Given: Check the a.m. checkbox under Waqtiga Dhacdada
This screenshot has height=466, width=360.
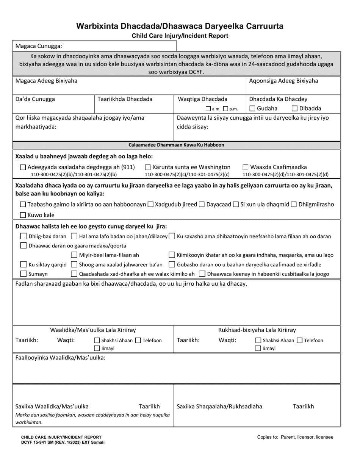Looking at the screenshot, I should pyautogui.click(x=208, y=109).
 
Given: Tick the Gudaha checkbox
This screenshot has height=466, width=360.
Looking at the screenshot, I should pyautogui.click(x=252, y=109).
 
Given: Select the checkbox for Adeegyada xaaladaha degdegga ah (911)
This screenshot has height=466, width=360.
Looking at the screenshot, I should pyautogui.click(x=23, y=167).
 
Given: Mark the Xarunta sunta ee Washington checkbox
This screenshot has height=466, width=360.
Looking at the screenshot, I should pyautogui.click(x=148, y=167).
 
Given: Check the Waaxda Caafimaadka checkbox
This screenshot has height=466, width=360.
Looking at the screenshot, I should pyautogui.click(x=246, y=167).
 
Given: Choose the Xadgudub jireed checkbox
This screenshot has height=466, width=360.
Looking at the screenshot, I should pyautogui.click(x=150, y=205).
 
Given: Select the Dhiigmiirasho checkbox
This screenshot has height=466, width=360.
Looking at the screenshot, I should pyautogui.click(x=294, y=205).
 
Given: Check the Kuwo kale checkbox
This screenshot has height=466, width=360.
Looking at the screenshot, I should pyautogui.click(x=23, y=215).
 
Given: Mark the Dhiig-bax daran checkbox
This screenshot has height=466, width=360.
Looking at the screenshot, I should pyautogui.click(x=23, y=236).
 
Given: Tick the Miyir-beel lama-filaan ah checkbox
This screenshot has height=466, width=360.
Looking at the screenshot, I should pyautogui.click(x=75, y=255).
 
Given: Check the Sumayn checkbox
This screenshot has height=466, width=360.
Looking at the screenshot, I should pyautogui.click(x=23, y=274).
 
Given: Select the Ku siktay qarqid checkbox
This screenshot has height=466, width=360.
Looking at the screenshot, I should pyautogui.click(x=23, y=264).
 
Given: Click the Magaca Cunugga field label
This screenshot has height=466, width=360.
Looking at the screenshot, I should pyautogui.click(x=38, y=46).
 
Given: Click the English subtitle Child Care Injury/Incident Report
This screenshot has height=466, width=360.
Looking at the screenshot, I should pyautogui.click(x=180, y=36).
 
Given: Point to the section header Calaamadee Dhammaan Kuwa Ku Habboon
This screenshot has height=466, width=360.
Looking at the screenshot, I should pyautogui.click(x=176, y=145).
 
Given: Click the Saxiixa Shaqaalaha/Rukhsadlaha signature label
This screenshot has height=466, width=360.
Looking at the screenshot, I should pyautogui.click(x=219, y=407).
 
